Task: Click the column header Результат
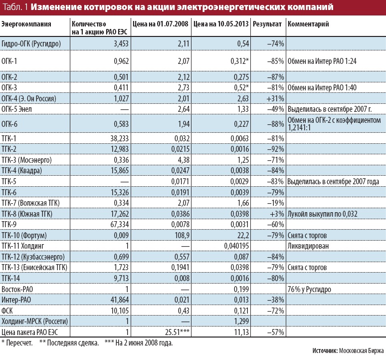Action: pos(267,24)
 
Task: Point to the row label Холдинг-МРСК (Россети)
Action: pos(35,321)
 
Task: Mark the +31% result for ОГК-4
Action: pos(275,98)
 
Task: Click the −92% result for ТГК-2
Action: pos(275,149)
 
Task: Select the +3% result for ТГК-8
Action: pos(277,213)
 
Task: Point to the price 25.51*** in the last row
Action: pos(175,332)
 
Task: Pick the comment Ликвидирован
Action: pos(307,246)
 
